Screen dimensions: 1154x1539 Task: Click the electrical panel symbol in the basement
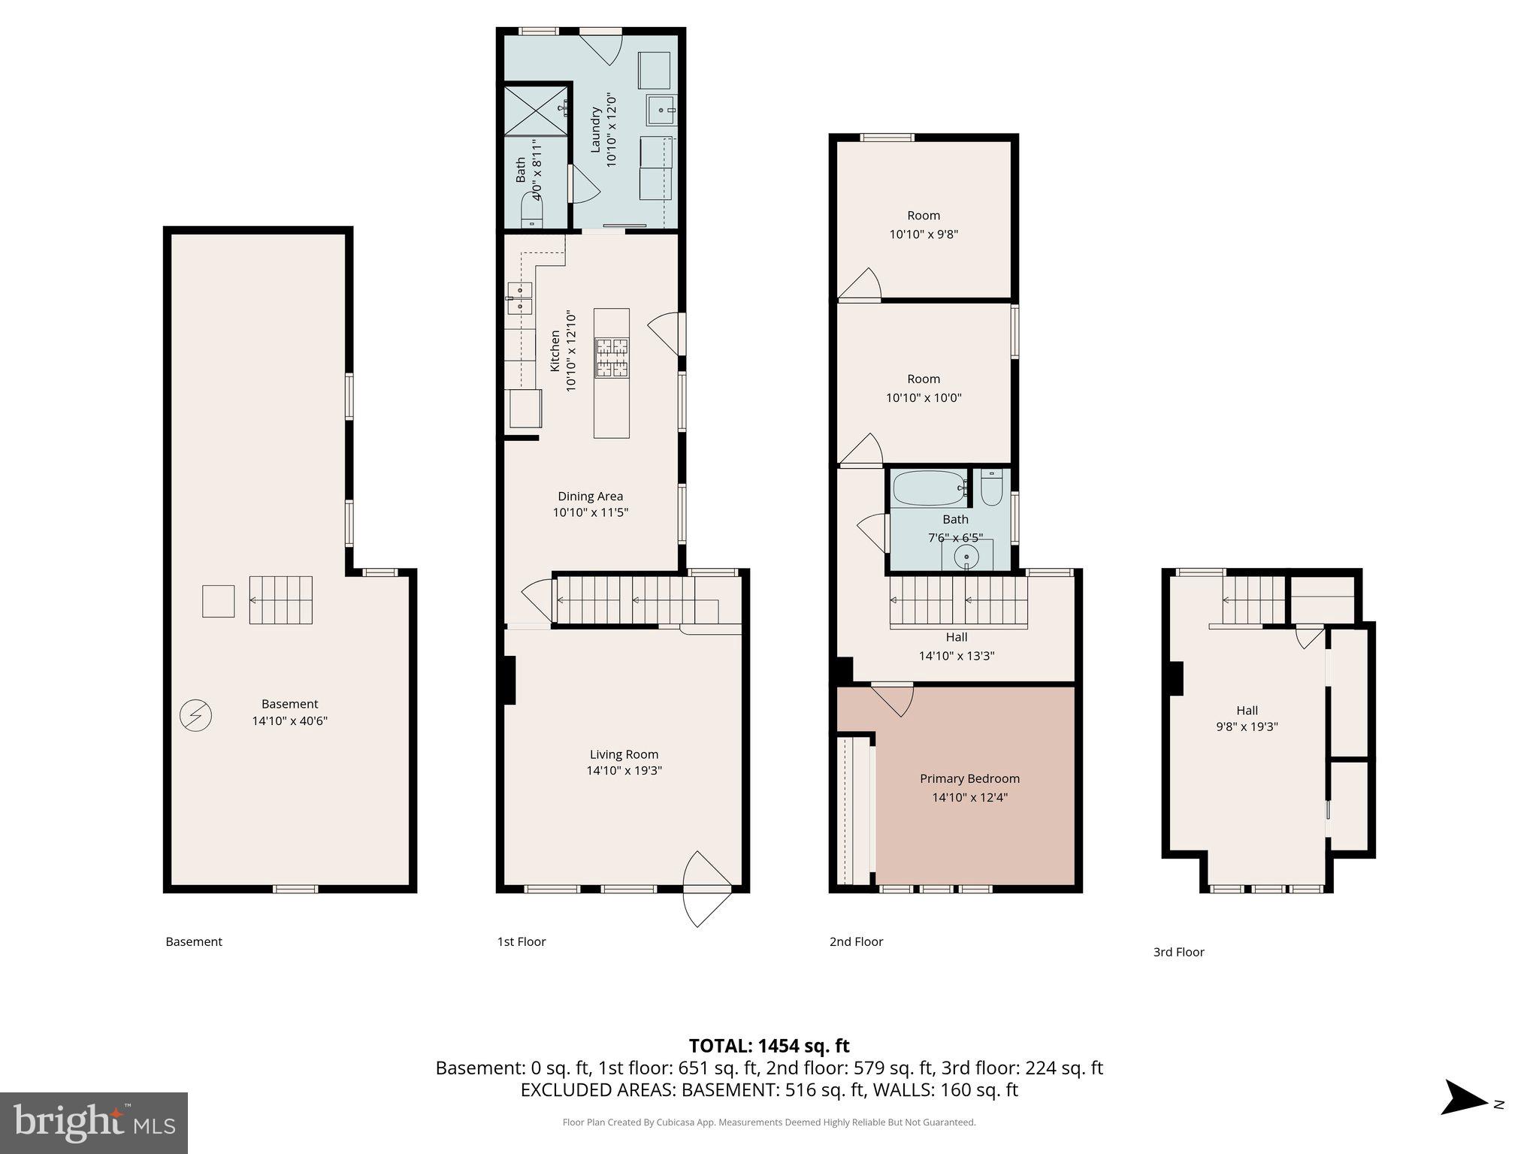195,715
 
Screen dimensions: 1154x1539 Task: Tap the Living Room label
624,754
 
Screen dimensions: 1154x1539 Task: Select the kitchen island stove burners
612,358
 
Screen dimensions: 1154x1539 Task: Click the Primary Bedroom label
969,778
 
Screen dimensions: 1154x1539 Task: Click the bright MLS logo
93,1122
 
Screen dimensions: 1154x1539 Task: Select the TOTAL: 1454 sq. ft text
769,1046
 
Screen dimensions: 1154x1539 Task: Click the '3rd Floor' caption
1178,952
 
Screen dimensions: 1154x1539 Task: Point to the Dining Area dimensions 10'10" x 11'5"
590,512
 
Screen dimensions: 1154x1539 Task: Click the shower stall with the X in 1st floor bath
536,111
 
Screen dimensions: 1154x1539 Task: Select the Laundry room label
595,130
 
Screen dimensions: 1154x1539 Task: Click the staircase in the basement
281,600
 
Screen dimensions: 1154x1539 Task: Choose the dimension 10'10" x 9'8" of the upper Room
924,234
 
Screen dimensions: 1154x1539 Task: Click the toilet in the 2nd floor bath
991,487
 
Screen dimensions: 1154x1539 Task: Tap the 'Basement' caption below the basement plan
194,941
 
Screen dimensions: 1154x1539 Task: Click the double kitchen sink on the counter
519,298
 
